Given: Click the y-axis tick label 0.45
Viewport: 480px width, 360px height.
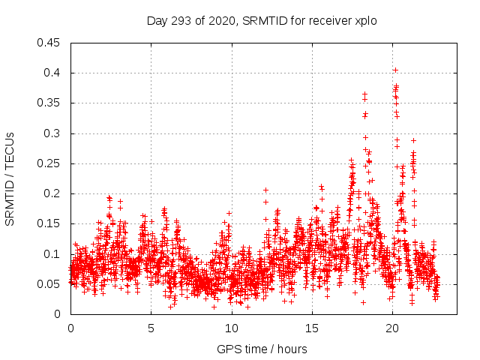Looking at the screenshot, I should pos(50,43).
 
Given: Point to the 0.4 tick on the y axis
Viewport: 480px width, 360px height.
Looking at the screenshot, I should pos(53,73).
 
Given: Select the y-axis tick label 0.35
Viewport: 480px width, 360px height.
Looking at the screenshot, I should pos(50,103).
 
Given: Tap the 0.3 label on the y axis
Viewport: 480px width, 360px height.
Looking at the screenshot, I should pos(53,133).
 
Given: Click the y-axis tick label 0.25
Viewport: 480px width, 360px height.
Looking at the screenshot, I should pos(50,163).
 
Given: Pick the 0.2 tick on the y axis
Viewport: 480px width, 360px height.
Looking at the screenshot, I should pos(53,193).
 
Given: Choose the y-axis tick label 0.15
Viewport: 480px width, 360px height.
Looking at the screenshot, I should pos(50,223).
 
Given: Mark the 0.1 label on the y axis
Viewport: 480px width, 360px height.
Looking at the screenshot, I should pos(53,253).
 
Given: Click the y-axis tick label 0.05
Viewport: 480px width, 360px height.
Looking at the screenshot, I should pos(50,283).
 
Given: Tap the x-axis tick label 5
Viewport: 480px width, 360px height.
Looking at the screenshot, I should pos(151,328).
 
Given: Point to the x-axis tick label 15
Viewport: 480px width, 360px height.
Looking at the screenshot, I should pos(312,328).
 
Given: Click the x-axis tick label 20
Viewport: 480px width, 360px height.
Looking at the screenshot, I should pos(392,328).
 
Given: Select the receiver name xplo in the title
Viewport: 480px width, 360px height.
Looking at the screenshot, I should pos(366,20).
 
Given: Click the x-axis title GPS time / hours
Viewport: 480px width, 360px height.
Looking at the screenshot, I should pos(261,349).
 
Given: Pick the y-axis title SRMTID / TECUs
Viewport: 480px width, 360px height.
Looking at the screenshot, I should pos(10,178).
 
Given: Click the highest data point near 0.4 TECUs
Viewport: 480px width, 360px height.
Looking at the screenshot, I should pos(395,70).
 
